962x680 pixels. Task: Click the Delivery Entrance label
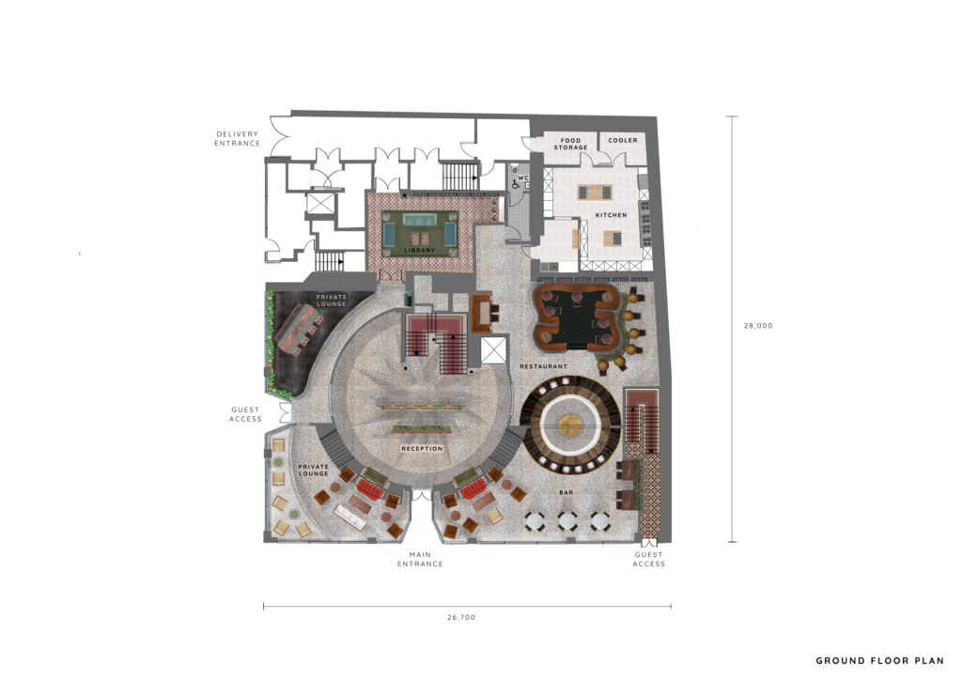tap(237, 139)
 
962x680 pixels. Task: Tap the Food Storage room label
tap(570, 144)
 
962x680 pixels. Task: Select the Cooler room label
tap(623, 141)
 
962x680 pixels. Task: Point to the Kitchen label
tap(611, 215)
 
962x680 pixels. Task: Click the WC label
tap(522, 178)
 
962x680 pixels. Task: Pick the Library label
tap(420, 250)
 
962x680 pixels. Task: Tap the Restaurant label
tap(544, 366)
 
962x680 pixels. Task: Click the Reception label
tap(422, 449)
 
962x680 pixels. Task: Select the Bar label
tap(566, 492)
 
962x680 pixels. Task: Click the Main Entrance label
tap(420, 559)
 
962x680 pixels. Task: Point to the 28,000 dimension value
tap(758, 326)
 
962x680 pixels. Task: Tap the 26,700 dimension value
tap(461, 617)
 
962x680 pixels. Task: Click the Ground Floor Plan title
tap(879, 660)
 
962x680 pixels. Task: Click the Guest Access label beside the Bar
tap(648, 559)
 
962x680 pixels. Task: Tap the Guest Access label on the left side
tap(245, 414)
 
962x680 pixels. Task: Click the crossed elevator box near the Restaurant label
tap(494, 349)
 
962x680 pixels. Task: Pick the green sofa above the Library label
tap(420, 220)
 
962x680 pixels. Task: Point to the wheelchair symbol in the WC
tap(517, 184)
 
